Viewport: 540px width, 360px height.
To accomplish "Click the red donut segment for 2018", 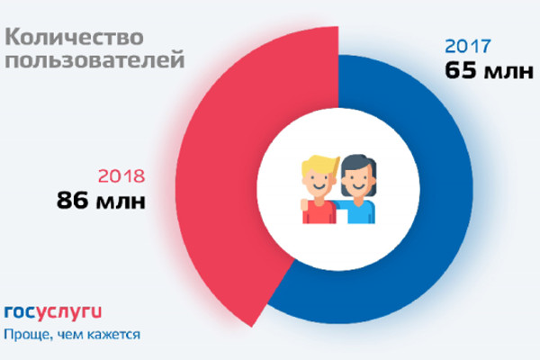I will (x=225, y=180).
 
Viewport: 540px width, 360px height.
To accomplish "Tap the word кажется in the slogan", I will (x=113, y=335).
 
